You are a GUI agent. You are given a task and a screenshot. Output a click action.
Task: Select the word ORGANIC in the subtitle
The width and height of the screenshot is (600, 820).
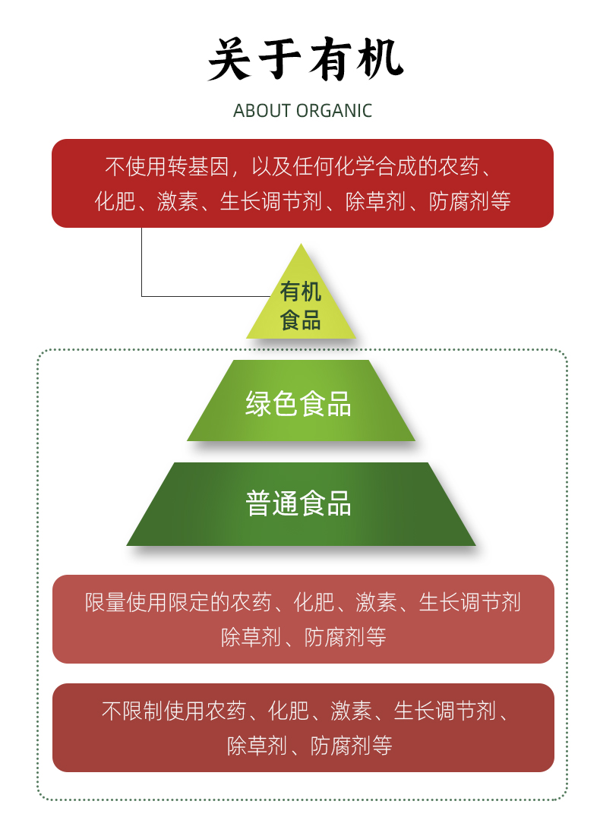click(334, 111)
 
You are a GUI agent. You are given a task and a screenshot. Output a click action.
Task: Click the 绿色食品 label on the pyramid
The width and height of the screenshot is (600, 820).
click(298, 404)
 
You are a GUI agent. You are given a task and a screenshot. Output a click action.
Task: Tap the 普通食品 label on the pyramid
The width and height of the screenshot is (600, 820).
click(298, 503)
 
